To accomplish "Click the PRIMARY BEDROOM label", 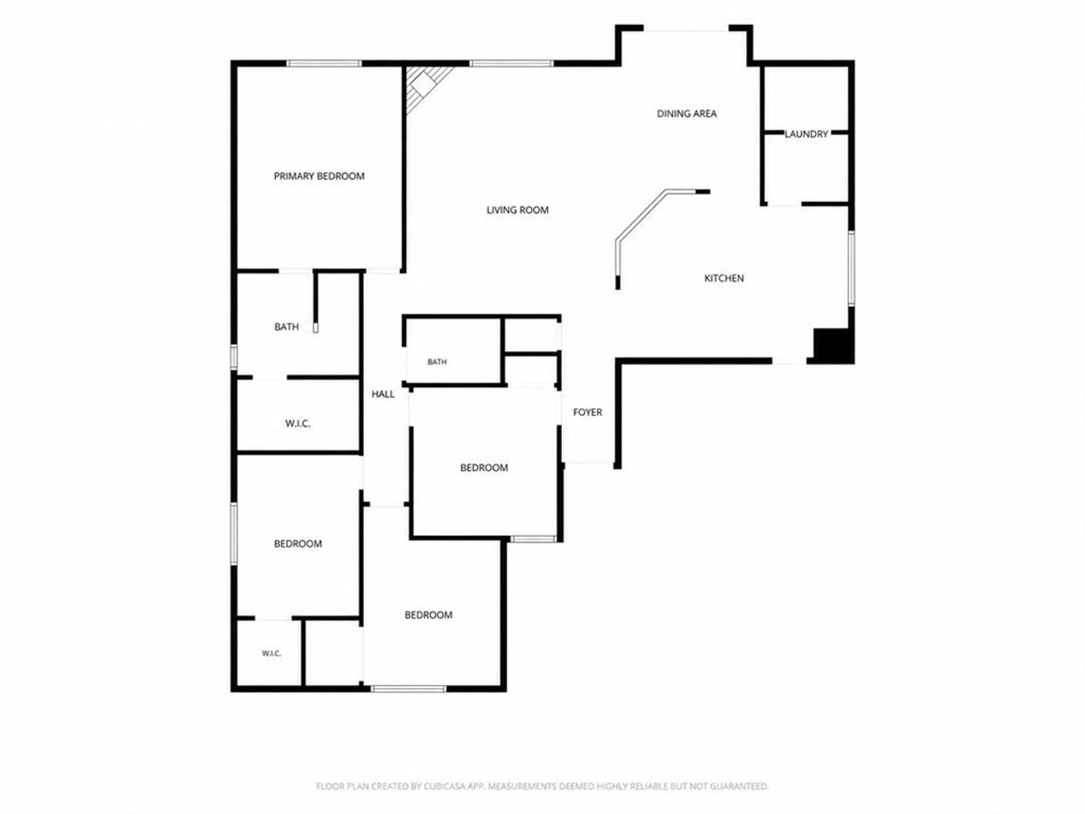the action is point(319,176).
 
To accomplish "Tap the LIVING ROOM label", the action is point(518,210).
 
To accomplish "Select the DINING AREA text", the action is point(686,114).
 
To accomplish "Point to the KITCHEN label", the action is point(723,278).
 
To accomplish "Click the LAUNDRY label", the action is point(806,134).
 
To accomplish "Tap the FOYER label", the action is point(587,412).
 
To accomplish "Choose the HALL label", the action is point(383,394).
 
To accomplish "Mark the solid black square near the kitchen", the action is point(833,345).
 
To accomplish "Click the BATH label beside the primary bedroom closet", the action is point(287,326).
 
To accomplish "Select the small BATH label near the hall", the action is point(437,362).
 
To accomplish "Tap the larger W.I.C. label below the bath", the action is point(298,424).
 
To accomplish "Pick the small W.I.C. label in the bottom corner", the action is point(271,653).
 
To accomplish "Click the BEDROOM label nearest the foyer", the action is point(484,467).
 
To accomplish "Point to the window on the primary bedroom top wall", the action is point(324,63).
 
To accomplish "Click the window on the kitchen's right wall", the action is point(851,268).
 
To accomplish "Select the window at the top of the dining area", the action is point(686,31).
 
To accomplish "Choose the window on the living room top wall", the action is point(512,63).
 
